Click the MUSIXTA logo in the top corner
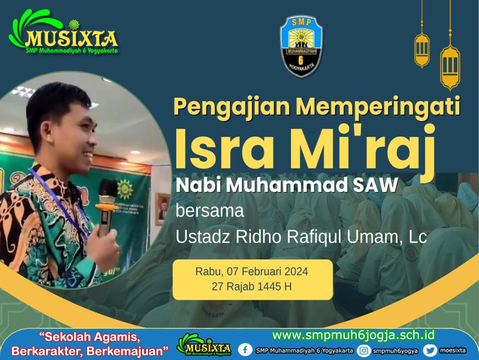63,32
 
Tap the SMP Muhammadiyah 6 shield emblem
301,46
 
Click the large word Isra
224,149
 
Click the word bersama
210,211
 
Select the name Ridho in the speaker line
259,236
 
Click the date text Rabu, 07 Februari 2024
252,271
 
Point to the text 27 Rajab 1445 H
252,286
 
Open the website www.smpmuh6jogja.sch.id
353,335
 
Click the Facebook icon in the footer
245,350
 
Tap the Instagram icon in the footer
363,350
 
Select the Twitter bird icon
430,350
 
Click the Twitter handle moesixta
453,350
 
